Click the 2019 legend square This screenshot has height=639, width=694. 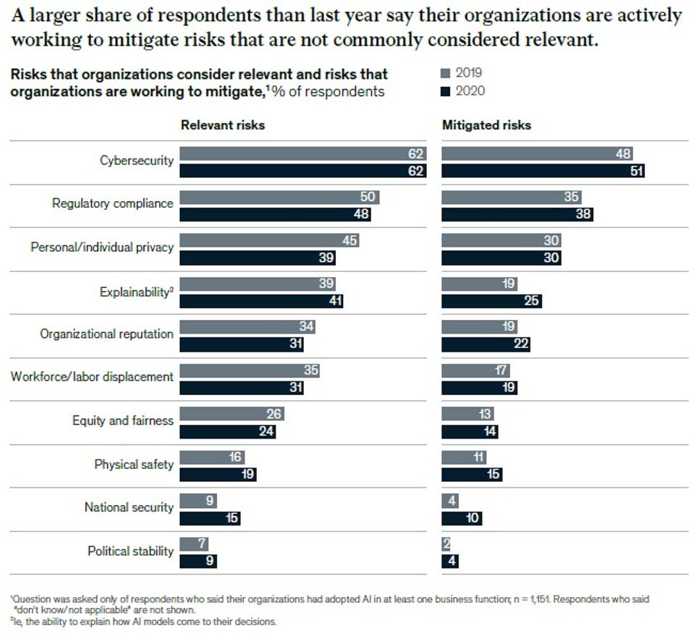(445, 73)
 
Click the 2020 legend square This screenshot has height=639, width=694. (445, 91)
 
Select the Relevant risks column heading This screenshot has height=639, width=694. (222, 125)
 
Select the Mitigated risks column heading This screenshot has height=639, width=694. (486, 125)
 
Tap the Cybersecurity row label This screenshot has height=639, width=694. (136, 161)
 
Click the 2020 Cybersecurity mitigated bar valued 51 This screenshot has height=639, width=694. (542, 172)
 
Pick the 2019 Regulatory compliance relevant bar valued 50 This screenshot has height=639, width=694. (279, 197)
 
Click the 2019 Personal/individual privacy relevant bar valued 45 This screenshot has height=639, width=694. (268, 240)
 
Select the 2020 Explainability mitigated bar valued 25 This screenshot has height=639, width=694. (491, 301)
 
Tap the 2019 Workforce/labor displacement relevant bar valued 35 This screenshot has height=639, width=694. (249, 371)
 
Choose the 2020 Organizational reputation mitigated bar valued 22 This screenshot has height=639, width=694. (485, 344)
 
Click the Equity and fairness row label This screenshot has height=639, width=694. (122, 420)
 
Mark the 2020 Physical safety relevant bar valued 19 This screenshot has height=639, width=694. (217, 475)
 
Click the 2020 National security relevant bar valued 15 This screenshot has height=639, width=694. (209, 518)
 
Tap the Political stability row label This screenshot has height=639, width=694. (130, 551)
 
